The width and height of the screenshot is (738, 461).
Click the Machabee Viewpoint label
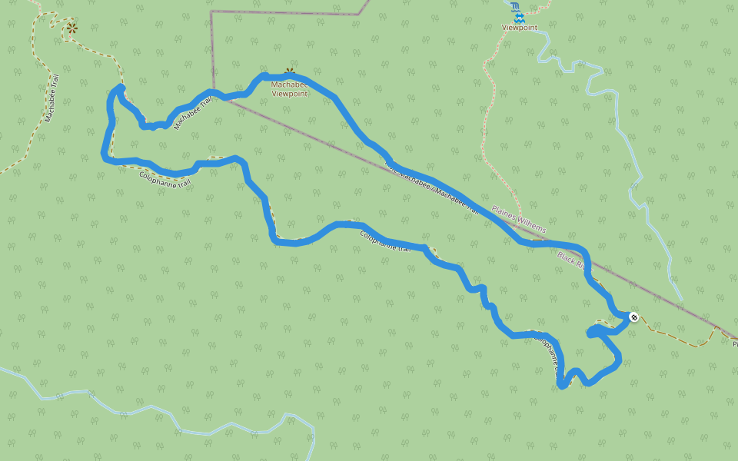tap(289, 89)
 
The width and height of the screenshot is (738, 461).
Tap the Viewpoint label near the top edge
tap(519, 28)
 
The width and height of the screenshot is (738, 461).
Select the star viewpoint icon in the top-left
tap(71, 28)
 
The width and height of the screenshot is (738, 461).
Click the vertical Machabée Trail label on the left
tap(52, 98)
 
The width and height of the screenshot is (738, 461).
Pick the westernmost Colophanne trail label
tap(164, 180)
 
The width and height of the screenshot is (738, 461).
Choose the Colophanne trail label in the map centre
tap(390, 242)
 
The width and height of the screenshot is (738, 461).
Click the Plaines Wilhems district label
tap(519, 219)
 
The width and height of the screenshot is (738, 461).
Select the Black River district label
tap(572, 260)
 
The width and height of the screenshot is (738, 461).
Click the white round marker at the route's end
tap(633, 317)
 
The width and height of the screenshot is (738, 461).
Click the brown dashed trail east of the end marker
tap(676, 338)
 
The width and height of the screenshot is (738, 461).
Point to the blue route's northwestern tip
tap(119, 88)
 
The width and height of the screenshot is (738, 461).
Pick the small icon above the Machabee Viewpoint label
tap(290, 72)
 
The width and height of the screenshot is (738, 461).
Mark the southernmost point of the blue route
tap(562, 386)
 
